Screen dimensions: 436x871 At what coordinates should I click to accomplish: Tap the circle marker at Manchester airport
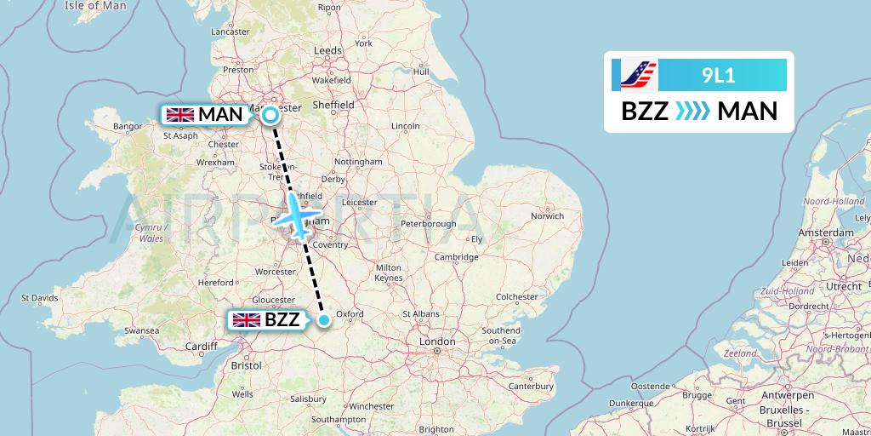click(270, 115)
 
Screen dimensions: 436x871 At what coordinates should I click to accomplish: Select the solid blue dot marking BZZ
click(324, 320)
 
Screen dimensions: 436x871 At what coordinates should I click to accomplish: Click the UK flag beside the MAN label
click(179, 114)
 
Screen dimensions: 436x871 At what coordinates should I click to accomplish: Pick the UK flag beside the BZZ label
click(247, 320)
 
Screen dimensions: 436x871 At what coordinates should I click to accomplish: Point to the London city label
click(436, 341)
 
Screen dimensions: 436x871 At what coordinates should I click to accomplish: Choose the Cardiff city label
click(202, 346)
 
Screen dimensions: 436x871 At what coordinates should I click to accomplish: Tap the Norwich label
click(547, 215)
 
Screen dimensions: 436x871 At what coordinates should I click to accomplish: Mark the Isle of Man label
click(95, 6)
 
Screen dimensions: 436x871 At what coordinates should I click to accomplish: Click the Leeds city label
click(327, 51)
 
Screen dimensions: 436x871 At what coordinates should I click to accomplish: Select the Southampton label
click(339, 419)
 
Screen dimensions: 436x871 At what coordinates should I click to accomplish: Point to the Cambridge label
click(456, 257)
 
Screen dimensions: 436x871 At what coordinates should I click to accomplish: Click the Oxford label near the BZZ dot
click(350, 313)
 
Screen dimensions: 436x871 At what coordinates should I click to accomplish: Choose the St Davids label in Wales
click(39, 298)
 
